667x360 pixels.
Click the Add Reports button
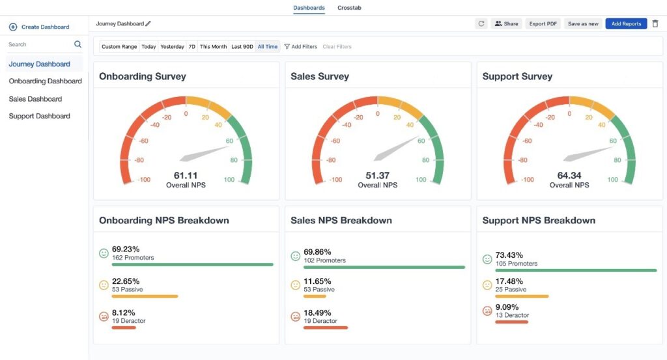tap(626, 23)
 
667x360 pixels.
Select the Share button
tap(506, 23)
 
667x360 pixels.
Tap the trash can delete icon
tap(655, 23)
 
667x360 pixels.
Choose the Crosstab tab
tap(349, 8)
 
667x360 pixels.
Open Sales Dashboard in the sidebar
tap(35, 99)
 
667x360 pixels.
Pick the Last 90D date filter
tap(242, 47)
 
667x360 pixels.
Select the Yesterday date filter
tap(172, 47)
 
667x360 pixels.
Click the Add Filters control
tap(301, 47)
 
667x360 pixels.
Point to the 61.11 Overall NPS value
tap(186, 175)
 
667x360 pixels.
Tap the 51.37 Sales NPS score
tap(378, 175)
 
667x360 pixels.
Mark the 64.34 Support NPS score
tap(569, 175)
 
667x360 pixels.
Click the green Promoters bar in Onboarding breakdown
tap(192, 264)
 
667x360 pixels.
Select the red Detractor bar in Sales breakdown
tap(326, 327)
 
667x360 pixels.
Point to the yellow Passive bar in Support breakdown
tap(522, 296)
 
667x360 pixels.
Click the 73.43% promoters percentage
tap(509, 255)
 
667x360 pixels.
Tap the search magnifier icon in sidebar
tap(78, 44)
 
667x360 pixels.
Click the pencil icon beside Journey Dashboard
tap(149, 23)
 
